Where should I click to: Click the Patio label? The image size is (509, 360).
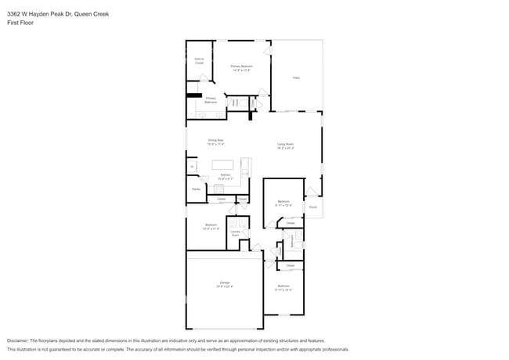[296, 77]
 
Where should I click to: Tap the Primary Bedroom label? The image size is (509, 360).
[241, 67]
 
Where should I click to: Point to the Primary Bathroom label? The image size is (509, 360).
[211, 100]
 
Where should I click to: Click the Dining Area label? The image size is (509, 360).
[215, 141]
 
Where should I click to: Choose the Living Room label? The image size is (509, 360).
[284, 144]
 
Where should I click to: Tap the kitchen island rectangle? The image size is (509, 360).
[226, 165]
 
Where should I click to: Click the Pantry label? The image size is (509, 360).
[196, 189]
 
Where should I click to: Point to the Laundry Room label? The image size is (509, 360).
[235, 233]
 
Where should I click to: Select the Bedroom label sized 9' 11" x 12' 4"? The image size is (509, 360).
[284, 202]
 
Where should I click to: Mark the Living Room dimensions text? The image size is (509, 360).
[284, 148]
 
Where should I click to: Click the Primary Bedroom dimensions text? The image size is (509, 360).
[241, 70]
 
